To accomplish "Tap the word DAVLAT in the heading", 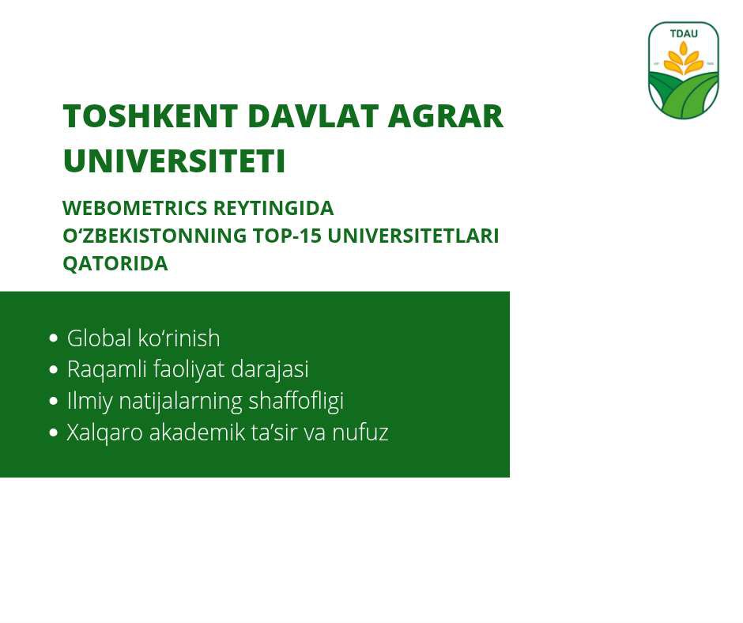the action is coord(313,115).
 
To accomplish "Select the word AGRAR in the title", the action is coord(446,115).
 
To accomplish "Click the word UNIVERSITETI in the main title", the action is coord(175,160).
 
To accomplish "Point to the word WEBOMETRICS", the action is coord(135,208).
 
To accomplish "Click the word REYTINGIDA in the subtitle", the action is coord(274,208).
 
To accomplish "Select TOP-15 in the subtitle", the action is coord(287,236).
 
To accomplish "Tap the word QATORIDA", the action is coord(115,263).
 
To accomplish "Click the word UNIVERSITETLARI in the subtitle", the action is coord(413,236).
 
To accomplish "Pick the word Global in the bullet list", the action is coord(99,338).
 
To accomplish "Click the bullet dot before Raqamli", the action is coord(54,369).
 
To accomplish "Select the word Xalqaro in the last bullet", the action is coord(104,432).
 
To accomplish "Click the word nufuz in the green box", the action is coord(360,432).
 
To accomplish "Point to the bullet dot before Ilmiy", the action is coord(54,401).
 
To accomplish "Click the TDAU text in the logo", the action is coord(684,34).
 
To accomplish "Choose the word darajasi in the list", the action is coord(270,370).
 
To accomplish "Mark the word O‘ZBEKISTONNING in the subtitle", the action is coord(155,236).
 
